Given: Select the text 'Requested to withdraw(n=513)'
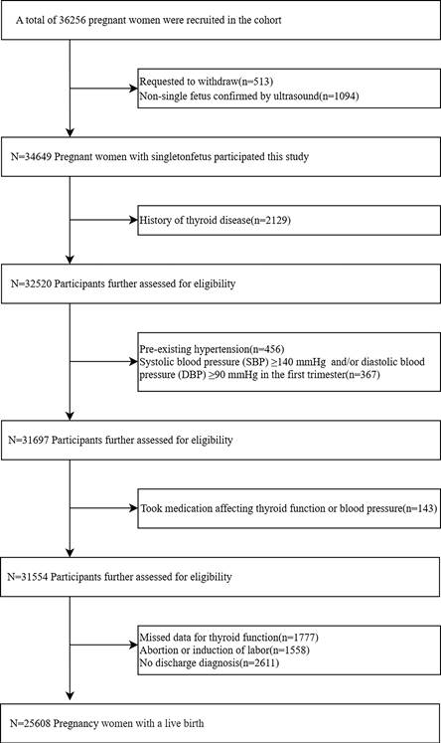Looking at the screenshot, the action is coord(207,82).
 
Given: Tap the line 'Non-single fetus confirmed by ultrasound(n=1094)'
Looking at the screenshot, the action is coord(249,96).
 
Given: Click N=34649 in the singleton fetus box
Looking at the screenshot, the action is coord(31,156).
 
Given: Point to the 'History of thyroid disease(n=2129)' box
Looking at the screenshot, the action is coord(289,220).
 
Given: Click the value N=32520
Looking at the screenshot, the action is coord(31,283).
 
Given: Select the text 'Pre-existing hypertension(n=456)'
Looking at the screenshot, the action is coord(212,349).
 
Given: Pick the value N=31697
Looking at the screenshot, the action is coord(29,440).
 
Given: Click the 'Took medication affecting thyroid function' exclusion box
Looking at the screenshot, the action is coord(289,508).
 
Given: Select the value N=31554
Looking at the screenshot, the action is coord(28,577).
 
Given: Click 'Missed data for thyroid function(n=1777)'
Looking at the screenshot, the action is coord(228,638).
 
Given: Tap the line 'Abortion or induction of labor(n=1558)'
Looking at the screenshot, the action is coord(224,650).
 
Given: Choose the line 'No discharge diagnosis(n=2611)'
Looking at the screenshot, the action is coord(210,662).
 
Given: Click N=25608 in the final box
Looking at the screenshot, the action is coord(30,723).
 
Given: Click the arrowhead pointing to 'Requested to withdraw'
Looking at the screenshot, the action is coord(133,89).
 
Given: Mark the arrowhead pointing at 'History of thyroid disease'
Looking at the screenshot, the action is coord(133,220).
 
